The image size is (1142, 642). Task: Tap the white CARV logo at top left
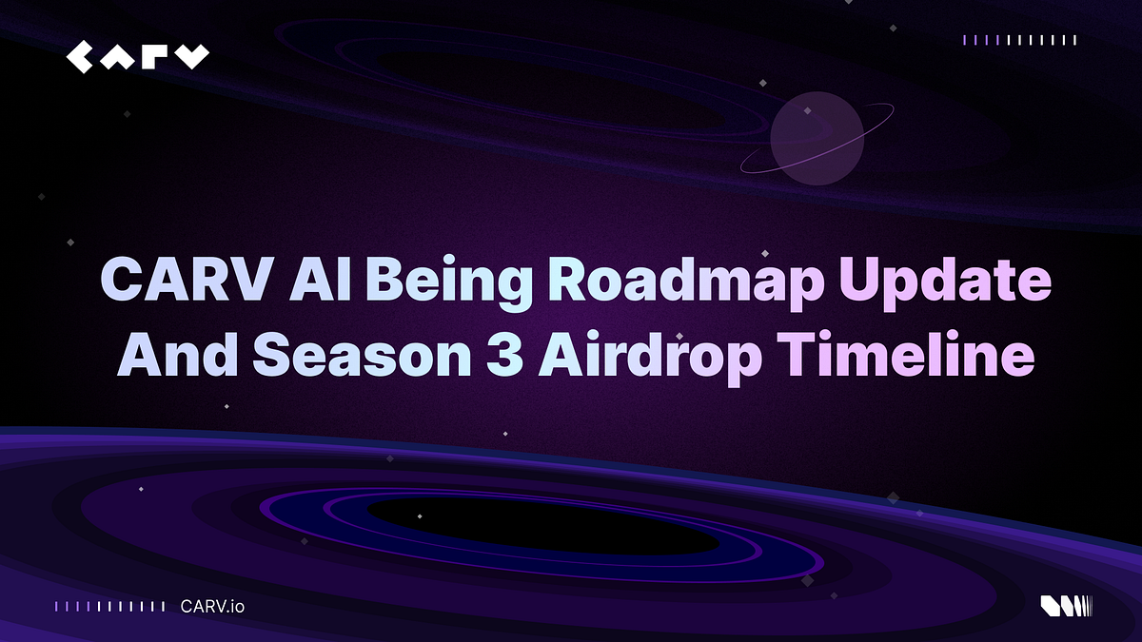pyautogui.click(x=137, y=56)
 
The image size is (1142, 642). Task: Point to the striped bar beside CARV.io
pyautogui.click(x=110, y=605)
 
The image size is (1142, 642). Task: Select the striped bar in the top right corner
pyautogui.click(x=1019, y=40)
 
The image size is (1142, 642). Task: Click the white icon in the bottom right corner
pyautogui.click(x=1065, y=605)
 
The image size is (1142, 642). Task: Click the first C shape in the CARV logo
pyautogui.click(x=81, y=56)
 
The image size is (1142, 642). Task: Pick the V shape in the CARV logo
pyautogui.click(x=193, y=56)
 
